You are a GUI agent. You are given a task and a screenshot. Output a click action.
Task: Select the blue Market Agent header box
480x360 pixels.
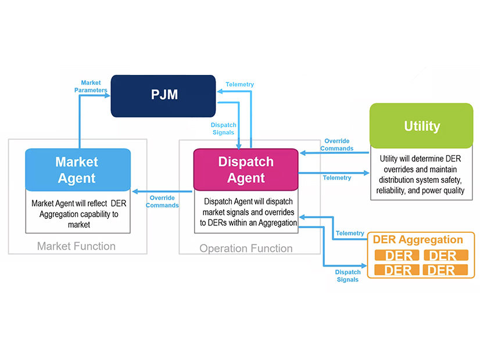(78, 170)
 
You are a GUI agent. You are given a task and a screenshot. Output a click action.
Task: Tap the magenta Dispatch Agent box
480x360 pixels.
(245, 170)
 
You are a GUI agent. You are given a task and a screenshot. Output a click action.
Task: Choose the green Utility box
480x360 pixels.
(421, 126)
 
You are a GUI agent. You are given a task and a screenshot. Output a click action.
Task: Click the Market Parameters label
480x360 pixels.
(94, 87)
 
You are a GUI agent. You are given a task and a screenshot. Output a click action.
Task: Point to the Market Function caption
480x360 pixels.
(76, 246)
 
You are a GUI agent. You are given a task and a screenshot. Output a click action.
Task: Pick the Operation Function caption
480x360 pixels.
(246, 249)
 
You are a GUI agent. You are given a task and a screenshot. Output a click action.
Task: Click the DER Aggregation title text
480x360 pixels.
(418, 240)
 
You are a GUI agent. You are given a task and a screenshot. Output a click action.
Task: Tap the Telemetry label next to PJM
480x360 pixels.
(240, 85)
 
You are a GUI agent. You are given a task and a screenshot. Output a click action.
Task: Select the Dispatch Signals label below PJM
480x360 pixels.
(223, 128)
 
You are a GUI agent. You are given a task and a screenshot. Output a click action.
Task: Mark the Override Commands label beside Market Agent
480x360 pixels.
(162, 201)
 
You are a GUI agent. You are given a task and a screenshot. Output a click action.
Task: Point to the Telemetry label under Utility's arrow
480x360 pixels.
(337, 178)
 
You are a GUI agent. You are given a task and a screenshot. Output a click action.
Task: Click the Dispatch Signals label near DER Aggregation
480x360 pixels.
(348, 275)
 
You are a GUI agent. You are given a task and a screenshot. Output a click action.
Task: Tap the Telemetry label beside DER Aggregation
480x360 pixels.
(350, 233)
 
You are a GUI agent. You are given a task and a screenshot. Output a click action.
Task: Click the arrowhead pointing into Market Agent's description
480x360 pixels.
(135, 191)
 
